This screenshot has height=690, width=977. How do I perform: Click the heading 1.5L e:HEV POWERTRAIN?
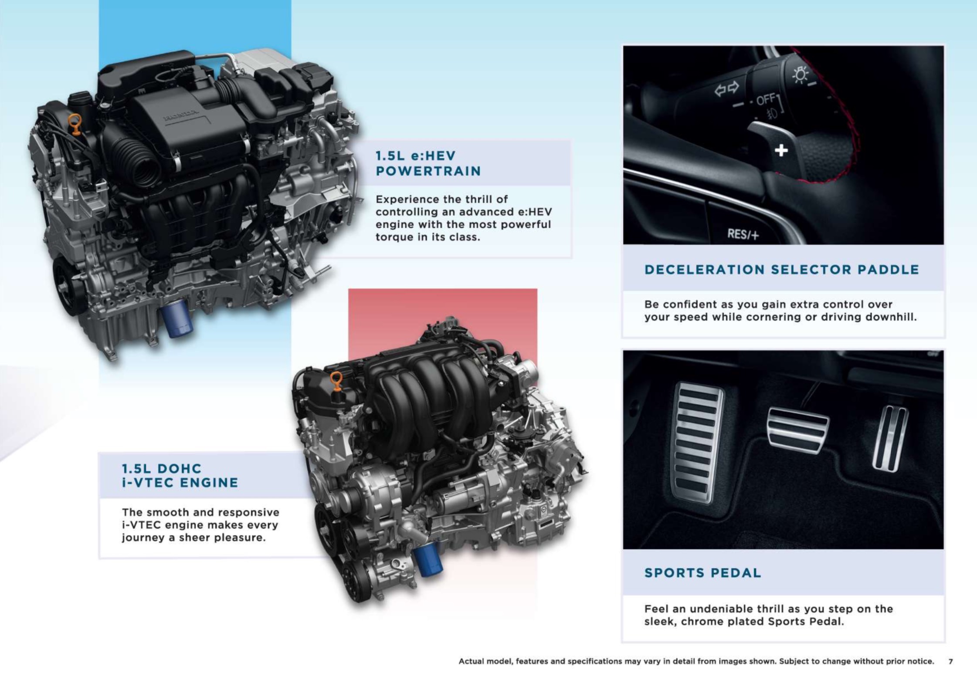pos(428,163)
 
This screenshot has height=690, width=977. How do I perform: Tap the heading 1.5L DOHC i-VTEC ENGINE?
pos(180,476)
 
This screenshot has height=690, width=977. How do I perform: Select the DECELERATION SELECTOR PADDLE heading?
pos(782,270)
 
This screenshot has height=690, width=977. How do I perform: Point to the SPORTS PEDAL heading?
pos(702,572)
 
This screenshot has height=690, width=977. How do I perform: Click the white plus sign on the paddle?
pos(781,150)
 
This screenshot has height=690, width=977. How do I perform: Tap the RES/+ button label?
pos(743,234)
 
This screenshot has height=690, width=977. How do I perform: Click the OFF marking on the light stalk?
pos(765,100)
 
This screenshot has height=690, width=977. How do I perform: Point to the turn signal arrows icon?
pos(726,89)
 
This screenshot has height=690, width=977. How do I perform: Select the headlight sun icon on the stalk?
pos(800,75)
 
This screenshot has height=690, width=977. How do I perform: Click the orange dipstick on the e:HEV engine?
pos(75,125)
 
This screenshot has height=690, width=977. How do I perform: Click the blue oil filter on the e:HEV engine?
pos(176,318)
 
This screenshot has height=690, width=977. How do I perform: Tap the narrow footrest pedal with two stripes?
pos(890,438)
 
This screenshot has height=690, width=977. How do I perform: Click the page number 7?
pos(950,661)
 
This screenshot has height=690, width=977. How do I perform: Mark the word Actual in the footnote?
pos(471,661)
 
